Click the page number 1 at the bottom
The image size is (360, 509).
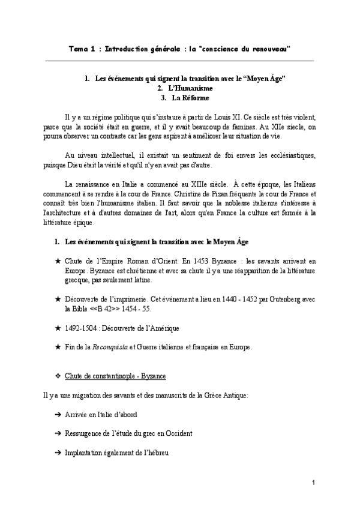click(x=314, y=483)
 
